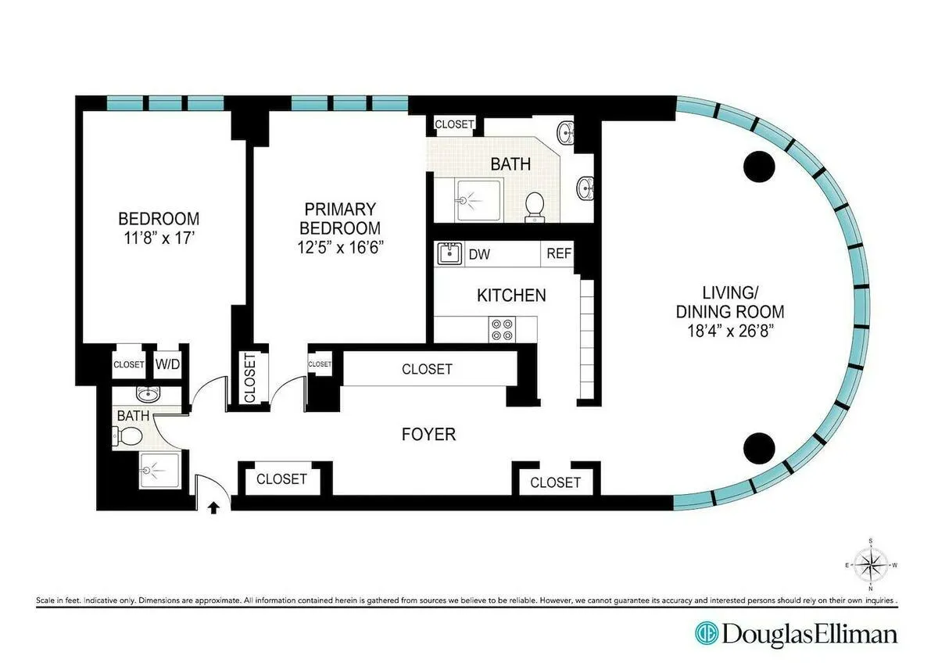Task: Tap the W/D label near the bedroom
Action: [165, 364]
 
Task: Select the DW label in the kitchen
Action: [479, 254]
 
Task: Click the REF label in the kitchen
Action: [559, 254]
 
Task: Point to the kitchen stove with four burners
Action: [501, 329]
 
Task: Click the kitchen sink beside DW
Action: [449, 254]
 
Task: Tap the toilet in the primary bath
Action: [535, 206]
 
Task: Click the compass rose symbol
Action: [870, 563]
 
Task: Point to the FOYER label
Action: [428, 435]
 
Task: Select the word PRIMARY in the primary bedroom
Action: [340, 210]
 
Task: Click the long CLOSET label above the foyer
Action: [427, 368]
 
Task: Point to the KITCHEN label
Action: [511, 296]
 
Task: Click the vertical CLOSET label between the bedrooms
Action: [250, 379]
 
